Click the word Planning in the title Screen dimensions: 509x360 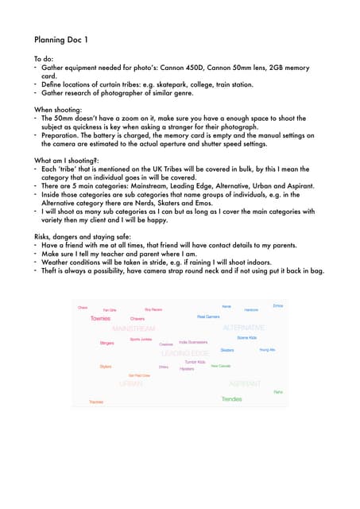52,38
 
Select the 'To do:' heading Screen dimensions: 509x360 45,60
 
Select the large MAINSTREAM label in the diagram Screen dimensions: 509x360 134,328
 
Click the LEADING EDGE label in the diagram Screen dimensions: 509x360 185,353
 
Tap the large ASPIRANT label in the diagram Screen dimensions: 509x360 245,383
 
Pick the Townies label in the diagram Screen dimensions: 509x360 101,318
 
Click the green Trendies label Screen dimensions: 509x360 232,399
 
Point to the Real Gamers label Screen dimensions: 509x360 208,317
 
